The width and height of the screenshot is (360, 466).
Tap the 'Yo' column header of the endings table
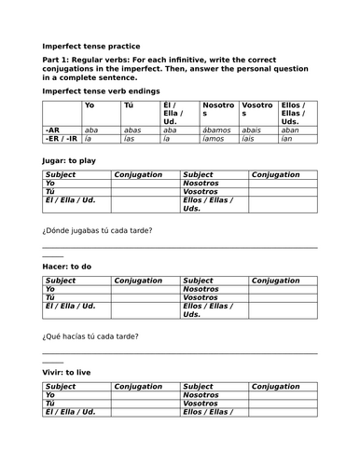coord(90,105)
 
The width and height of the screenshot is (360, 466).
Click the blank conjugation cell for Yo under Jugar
coord(145,184)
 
